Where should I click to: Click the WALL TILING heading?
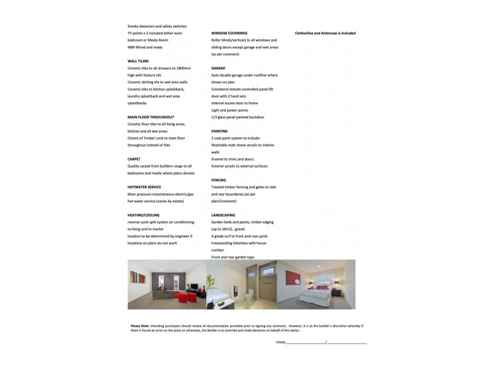tap(138, 61)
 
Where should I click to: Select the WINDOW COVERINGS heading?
tap(230, 33)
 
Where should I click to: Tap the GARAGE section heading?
tap(218, 68)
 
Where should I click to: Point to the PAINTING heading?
tap(220, 131)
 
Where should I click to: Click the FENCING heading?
tap(218, 180)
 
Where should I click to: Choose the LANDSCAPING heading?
tap(223, 215)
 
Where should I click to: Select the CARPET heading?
tap(134, 159)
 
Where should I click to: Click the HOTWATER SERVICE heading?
tap(144, 186)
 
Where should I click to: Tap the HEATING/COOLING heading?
tap(144, 215)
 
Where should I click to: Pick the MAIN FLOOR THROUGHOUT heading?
tap(151, 117)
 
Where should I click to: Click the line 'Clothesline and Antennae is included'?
tap(325, 33)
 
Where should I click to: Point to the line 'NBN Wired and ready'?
tap(145, 47)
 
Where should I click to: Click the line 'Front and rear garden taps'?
tap(233, 257)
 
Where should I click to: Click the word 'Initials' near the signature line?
tap(281, 342)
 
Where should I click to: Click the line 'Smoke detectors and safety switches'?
tap(157, 26)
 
